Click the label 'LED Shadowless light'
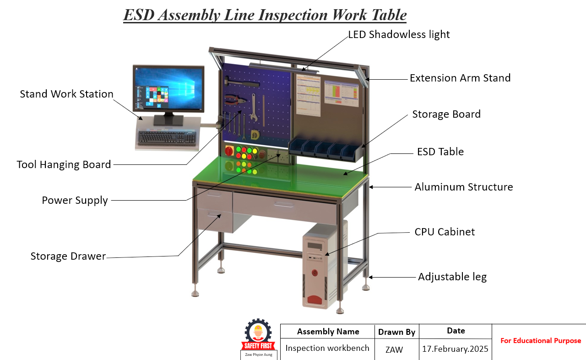[x=399, y=34]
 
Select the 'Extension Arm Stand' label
[x=460, y=78]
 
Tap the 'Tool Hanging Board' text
[x=64, y=164]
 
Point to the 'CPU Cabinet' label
[x=445, y=232]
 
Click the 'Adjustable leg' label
[x=452, y=277]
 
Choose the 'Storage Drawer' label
[x=68, y=256]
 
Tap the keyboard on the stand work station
[x=167, y=137]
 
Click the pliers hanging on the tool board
[x=235, y=100]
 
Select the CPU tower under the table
[x=320, y=266]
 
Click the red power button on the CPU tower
[x=315, y=273]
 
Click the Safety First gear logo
[x=259, y=334]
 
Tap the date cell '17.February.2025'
[x=455, y=349]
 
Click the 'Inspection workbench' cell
[x=327, y=348]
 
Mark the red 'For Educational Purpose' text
[x=541, y=341]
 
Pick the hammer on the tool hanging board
[x=242, y=83]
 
